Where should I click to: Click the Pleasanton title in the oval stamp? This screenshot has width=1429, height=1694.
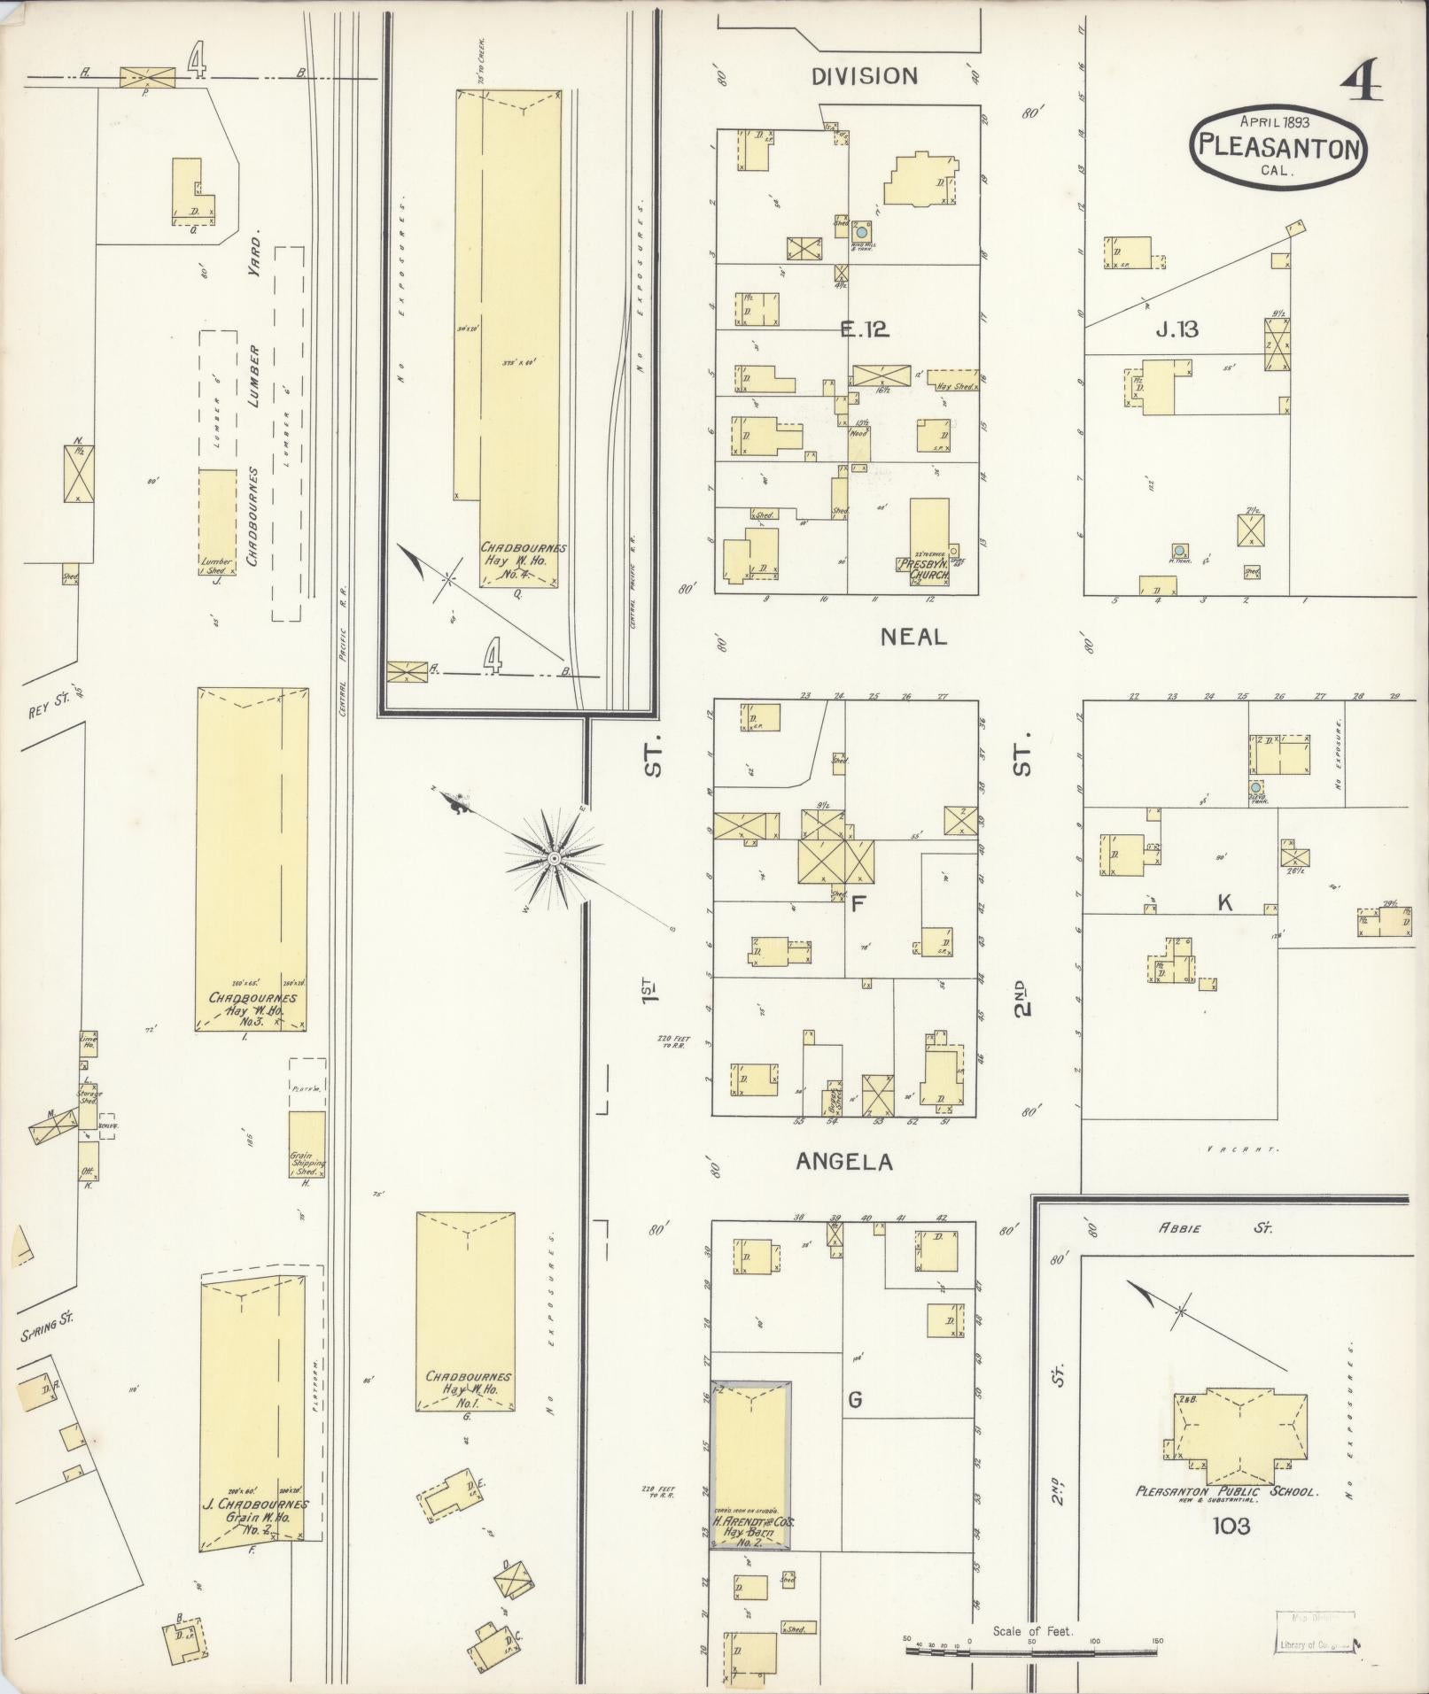[x=1278, y=147]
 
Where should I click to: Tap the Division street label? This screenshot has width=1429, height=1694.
[x=865, y=76]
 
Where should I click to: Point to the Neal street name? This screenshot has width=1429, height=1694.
[x=913, y=636]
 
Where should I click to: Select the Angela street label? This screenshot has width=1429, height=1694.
[x=843, y=1162]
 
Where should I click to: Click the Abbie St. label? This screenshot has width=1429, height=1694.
[x=1228, y=1228]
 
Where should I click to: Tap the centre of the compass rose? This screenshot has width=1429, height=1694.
[x=554, y=858]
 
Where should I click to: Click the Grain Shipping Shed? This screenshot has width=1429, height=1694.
[x=307, y=1144]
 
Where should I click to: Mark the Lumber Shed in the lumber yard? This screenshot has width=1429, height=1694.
[x=216, y=522]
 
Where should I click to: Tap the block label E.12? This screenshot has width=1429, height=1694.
[x=864, y=329]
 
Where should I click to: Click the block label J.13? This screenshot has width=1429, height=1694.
[x=1177, y=329]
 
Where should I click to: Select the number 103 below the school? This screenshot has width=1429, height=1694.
[x=1232, y=1526]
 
